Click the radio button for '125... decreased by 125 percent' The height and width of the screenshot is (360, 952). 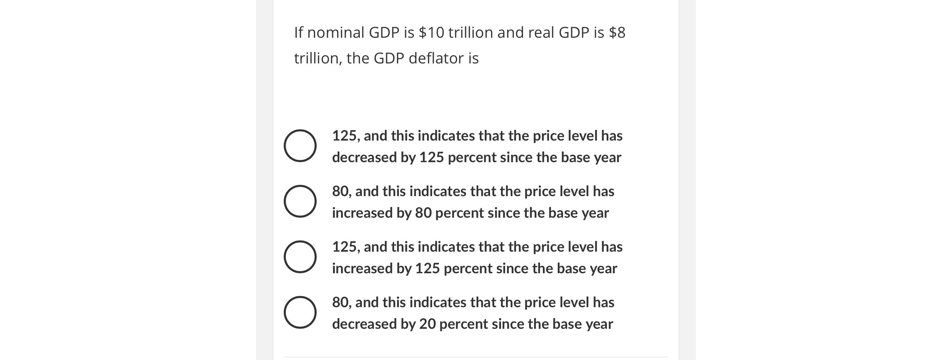(300, 146)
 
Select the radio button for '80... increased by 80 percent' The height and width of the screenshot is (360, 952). (300, 202)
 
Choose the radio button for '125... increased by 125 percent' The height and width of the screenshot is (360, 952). (300, 257)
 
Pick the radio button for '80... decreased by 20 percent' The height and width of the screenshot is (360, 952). (300, 312)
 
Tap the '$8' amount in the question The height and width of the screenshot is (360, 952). (617, 33)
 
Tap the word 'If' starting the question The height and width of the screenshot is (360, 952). (298, 33)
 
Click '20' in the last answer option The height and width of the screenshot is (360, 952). (427, 324)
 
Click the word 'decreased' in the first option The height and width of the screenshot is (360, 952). (364, 158)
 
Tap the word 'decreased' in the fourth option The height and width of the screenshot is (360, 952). (364, 324)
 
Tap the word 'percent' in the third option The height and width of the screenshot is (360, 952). (467, 269)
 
